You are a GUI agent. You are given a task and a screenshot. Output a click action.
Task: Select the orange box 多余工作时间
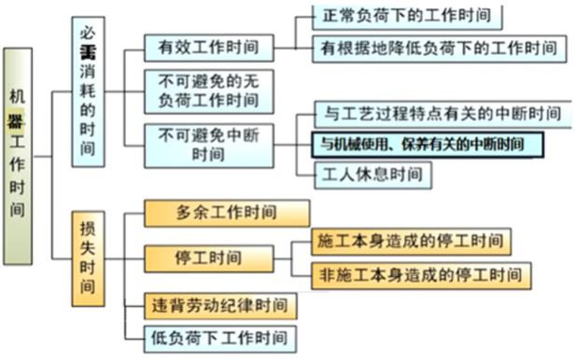click(226, 214)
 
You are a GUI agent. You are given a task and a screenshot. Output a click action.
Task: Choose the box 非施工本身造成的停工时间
click(422, 275)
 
